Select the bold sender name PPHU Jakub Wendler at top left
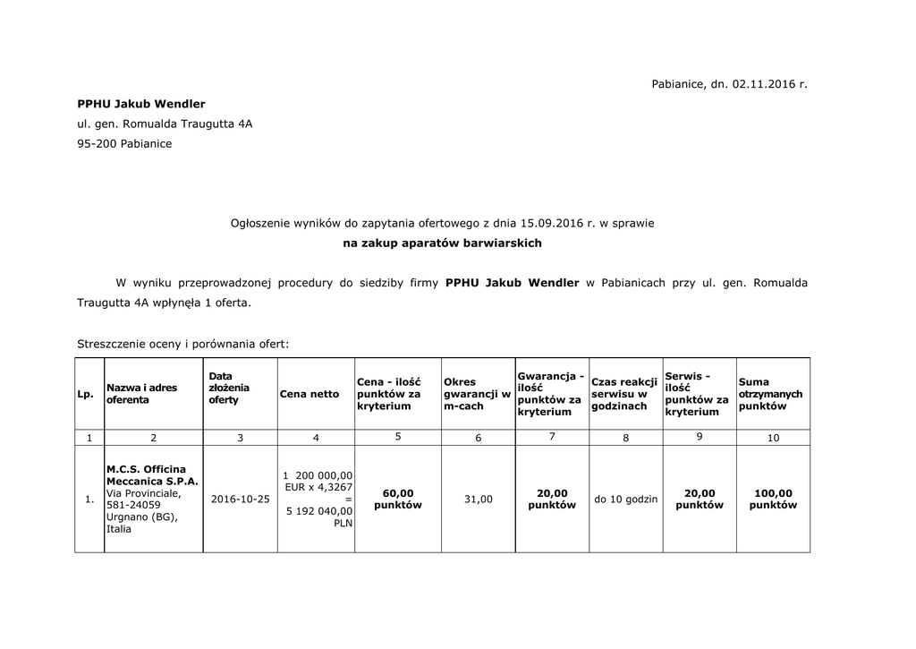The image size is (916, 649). (141, 104)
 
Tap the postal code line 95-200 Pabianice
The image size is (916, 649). (124, 143)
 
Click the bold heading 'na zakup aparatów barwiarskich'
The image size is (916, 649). (443, 243)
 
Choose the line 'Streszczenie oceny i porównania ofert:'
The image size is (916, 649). (183, 343)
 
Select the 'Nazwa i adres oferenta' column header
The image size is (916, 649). (141, 394)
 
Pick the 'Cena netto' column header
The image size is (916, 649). (310, 394)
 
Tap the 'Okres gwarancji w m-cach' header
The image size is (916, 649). (477, 394)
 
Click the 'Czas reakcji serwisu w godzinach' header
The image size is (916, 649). (624, 394)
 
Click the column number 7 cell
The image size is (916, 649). (552, 437)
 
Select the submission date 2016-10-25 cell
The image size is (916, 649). (240, 499)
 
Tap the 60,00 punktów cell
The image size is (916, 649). (398, 499)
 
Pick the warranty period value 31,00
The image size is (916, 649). (478, 499)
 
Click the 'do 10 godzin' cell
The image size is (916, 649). (625, 499)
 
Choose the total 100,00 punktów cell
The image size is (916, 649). (773, 499)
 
